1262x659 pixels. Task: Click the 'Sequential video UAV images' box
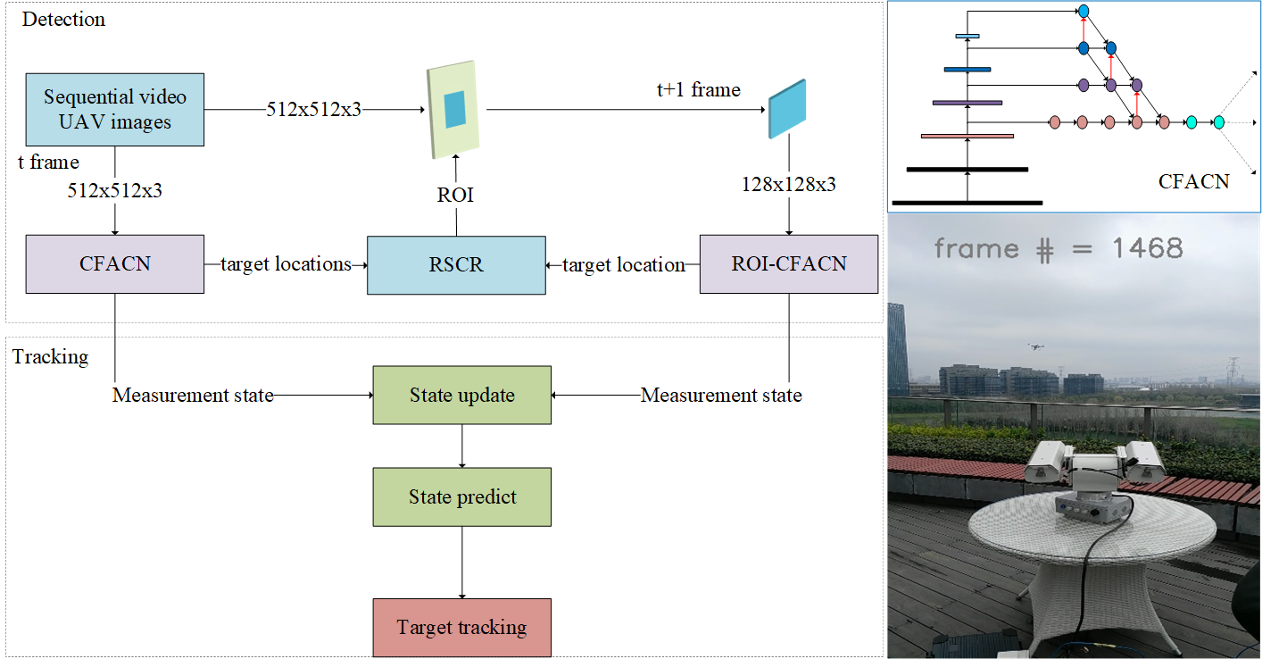click(115, 109)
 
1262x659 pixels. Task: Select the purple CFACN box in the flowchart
click(115, 264)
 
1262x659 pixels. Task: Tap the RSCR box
click(456, 265)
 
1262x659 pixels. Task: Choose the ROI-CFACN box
click(788, 264)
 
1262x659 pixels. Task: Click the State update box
click(461, 395)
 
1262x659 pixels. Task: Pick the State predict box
click(461, 496)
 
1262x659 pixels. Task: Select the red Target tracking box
click(461, 627)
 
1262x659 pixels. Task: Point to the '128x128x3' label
click(789, 184)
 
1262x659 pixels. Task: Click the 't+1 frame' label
click(697, 89)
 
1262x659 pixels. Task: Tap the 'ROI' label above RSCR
click(455, 195)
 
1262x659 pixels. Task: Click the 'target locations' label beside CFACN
click(286, 264)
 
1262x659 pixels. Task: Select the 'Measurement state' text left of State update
click(193, 395)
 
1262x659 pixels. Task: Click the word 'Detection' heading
click(63, 20)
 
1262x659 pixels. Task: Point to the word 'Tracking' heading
click(51, 357)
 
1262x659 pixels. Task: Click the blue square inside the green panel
click(455, 109)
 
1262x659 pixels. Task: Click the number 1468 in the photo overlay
click(1147, 248)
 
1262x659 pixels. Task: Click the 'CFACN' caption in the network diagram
click(1193, 182)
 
